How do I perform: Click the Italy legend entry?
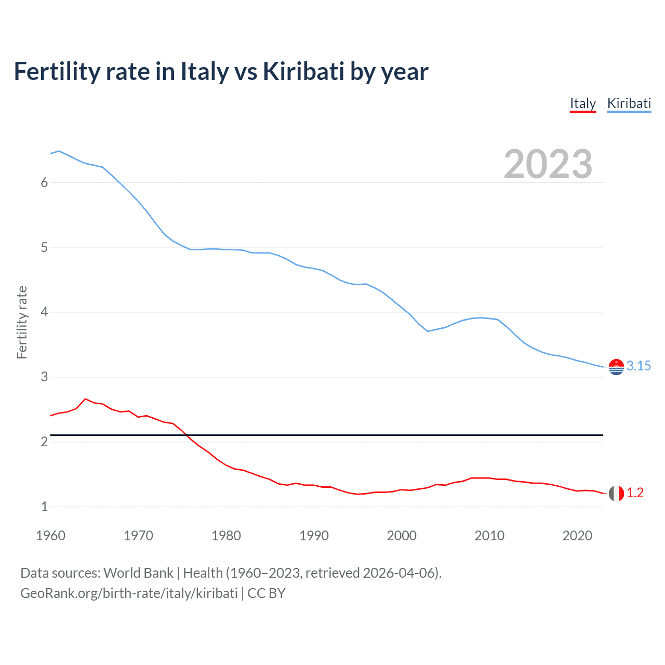pyautogui.click(x=582, y=103)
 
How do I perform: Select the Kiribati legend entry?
pyautogui.click(x=629, y=103)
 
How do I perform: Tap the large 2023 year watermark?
pyautogui.click(x=548, y=164)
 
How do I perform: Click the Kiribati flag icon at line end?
pyautogui.click(x=616, y=367)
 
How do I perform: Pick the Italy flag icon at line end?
pyautogui.click(x=616, y=493)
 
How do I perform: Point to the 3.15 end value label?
pyautogui.click(x=639, y=366)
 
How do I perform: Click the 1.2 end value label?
pyautogui.click(x=635, y=493)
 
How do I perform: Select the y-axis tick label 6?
pyautogui.click(x=44, y=182)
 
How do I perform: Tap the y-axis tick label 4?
pyautogui.click(x=44, y=312)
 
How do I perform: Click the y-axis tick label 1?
pyautogui.click(x=44, y=507)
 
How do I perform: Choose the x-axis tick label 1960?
pyautogui.click(x=50, y=536)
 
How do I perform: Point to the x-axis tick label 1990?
pyautogui.click(x=314, y=536)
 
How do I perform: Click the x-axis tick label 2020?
pyautogui.click(x=577, y=536)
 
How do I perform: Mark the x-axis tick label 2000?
pyautogui.click(x=402, y=536)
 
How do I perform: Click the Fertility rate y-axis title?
pyautogui.click(x=22, y=322)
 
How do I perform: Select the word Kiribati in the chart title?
pyautogui.click(x=303, y=72)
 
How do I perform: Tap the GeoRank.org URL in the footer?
pyautogui.click(x=128, y=593)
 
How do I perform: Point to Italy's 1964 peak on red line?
pyautogui.click(x=85, y=399)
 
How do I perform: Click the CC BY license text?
pyautogui.click(x=267, y=593)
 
